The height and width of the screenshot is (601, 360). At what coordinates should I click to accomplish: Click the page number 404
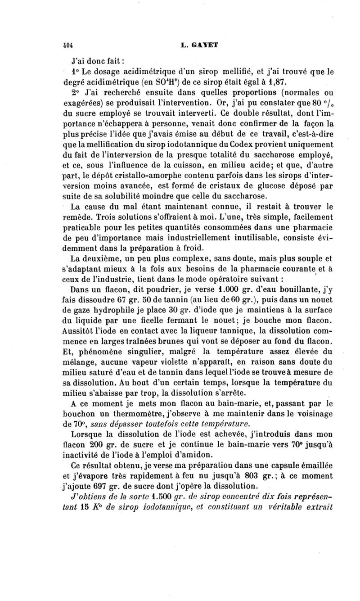(x=68, y=46)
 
